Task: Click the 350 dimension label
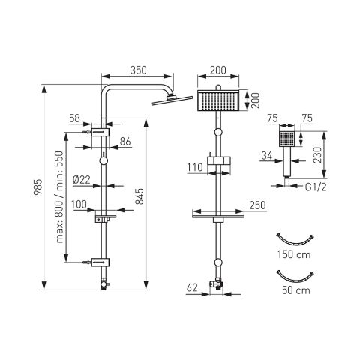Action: (x=138, y=70)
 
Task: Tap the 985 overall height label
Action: (x=38, y=187)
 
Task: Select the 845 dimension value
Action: (x=139, y=196)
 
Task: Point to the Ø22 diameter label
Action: (x=82, y=180)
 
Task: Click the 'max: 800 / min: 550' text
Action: (x=59, y=197)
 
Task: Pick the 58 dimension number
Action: (x=74, y=118)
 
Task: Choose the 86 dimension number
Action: (x=125, y=142)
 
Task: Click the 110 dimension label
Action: (x=195, y=167)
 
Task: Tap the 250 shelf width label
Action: (x=257, y=205)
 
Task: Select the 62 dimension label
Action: (x=192, y=287)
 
